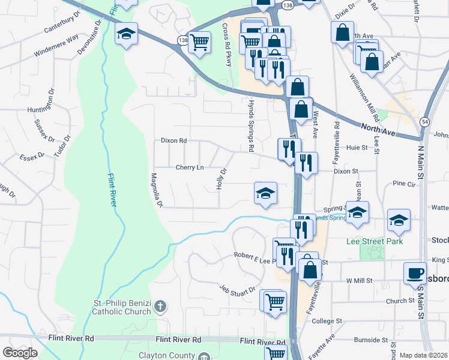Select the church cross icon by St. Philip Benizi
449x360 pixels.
coord(160,307)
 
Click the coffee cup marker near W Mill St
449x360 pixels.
coord(415,272)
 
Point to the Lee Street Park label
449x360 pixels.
coord(375,241)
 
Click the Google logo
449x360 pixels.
coord(20,352)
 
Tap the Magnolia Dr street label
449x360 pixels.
coord(157,190)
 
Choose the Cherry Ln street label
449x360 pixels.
coord(189,167)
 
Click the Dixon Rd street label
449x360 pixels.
coord(174,140)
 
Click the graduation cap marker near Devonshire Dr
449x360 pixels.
coord(126,34)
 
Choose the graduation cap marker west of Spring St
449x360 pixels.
coord(265,194)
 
